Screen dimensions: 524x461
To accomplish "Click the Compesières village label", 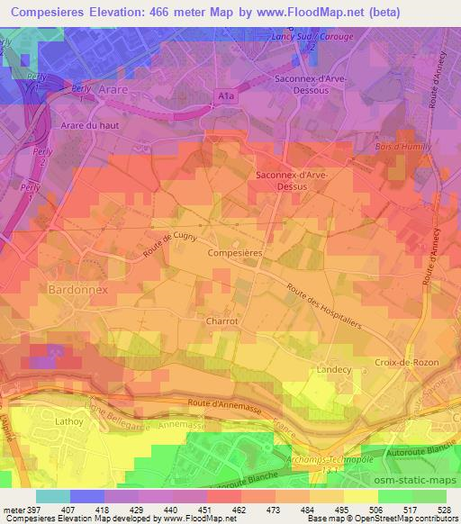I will (234, 255).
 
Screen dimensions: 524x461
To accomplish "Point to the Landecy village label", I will (333, 369).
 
